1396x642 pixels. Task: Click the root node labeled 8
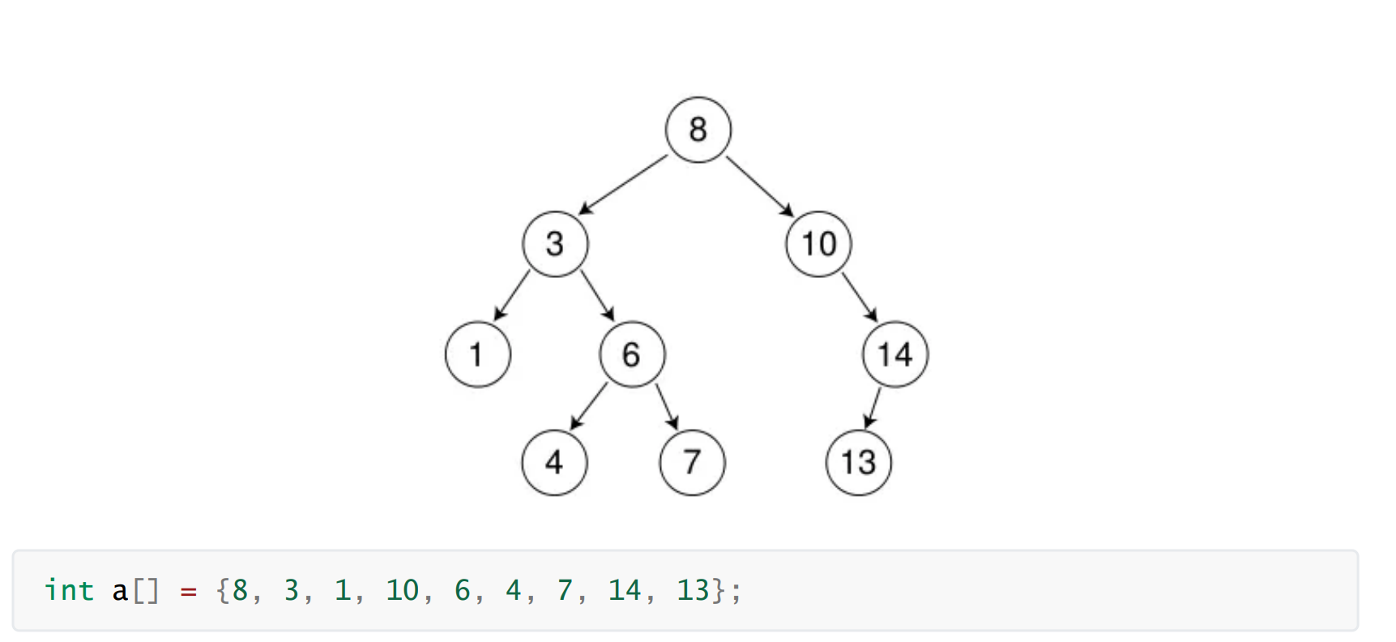698,130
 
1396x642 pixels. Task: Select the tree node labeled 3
555,244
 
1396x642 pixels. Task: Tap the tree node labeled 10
818,244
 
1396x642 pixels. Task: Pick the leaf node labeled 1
478,354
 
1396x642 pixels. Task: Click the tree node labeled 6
632,354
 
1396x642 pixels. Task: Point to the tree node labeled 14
895,354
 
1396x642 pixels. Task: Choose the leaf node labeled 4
554,463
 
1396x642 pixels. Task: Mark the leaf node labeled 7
692,463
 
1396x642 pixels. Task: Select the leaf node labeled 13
858,463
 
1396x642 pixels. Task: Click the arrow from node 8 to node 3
623,185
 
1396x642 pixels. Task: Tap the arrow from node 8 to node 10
759,186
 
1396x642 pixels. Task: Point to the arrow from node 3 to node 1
511,296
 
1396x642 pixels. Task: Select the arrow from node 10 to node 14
860,297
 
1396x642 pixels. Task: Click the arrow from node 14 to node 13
873,408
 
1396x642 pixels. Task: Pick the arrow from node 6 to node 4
589,405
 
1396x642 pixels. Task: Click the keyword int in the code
69,590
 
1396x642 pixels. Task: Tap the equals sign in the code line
188,591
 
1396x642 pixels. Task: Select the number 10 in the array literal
403,590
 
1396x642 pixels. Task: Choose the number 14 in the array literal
625,590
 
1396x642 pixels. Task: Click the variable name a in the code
120,591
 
